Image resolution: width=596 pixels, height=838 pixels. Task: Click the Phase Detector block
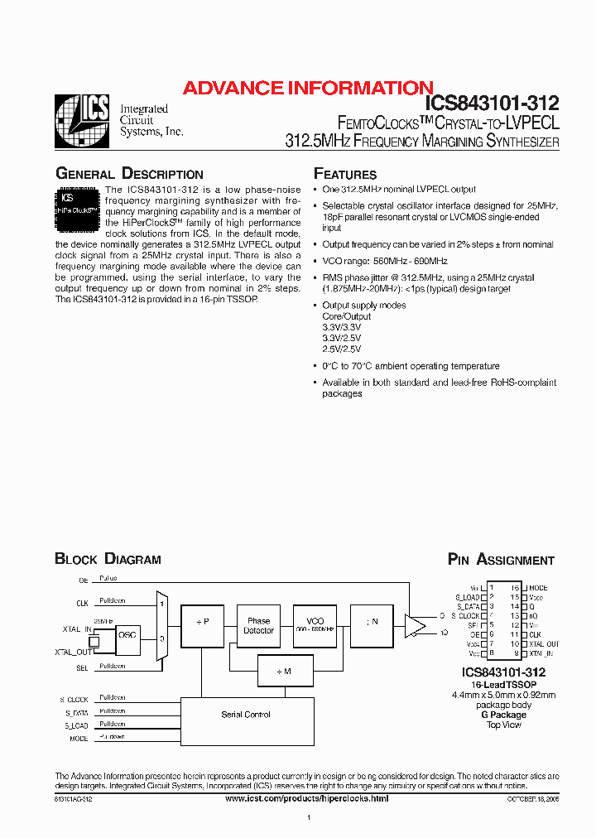click(x=258, y=626)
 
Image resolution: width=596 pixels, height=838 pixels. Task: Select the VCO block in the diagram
click(x=315, y=626)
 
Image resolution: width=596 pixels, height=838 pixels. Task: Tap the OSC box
click(x=127, y=635)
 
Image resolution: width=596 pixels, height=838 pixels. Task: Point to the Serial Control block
click(x=246, y=715)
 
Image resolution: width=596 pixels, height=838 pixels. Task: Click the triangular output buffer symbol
click(x=414, y=627)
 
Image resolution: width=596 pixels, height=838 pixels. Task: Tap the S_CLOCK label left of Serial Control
click(x=74, y=699)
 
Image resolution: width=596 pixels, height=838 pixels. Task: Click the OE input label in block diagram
click(x=83, y=580)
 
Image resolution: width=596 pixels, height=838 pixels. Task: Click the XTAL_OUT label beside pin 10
click(x=543, y=643)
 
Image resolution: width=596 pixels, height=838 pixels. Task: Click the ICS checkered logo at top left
click(x=81, y=122)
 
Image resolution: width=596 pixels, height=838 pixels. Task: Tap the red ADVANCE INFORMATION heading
click(x=307, y=88)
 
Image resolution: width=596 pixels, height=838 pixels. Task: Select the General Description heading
click(x=128, y=174)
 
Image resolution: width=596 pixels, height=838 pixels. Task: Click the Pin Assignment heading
click(x=501, y=560)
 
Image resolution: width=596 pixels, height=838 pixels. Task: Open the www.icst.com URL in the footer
click(x=306, y=797)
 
